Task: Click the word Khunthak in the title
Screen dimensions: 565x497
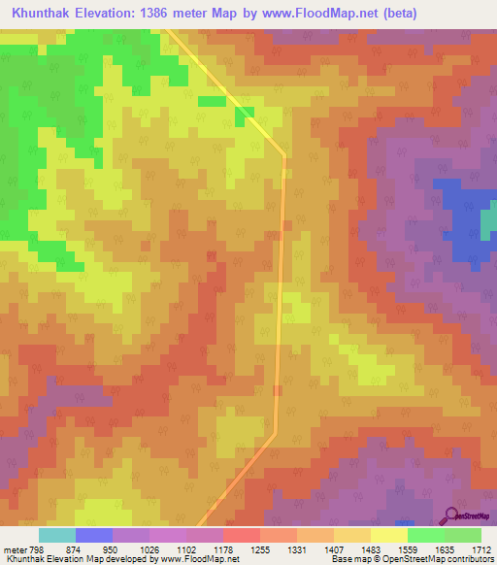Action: [x=46, y=13]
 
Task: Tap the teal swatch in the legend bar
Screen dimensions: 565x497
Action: [x=57, y=535]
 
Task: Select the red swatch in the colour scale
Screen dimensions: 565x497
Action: [x=242, y=535]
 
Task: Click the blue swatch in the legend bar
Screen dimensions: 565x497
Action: [x=94, y=535]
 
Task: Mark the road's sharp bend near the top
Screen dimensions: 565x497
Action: [x=284, y=153]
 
